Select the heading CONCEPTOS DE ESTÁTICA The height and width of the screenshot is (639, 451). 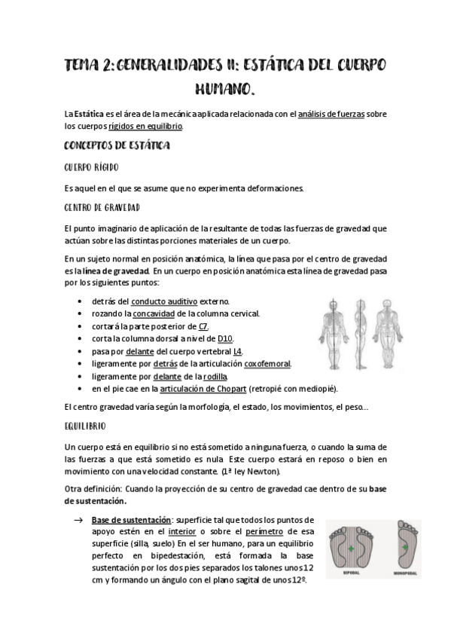pos(117,144)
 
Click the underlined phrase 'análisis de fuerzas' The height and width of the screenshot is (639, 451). pos(331,114)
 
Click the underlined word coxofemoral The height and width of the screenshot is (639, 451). pos(267,364)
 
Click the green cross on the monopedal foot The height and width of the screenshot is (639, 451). pos(404,549)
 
